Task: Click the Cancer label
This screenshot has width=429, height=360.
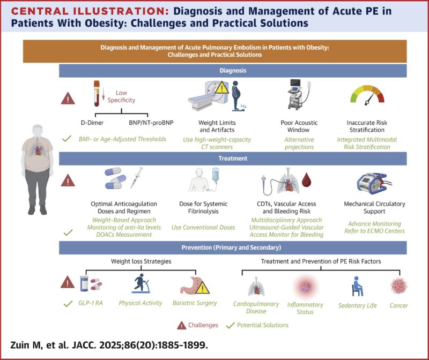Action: (398, 305)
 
